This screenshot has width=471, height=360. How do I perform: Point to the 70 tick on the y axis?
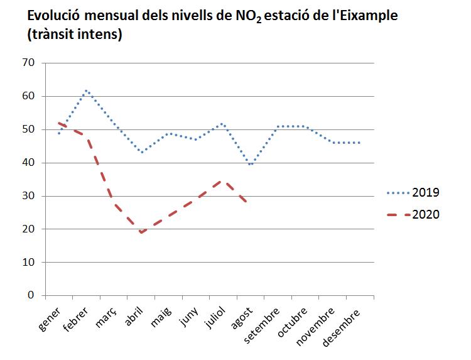tap(27, 63)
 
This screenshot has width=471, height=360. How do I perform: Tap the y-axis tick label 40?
tap(27, 163)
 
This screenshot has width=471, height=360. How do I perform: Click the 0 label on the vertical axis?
tap(30, 295)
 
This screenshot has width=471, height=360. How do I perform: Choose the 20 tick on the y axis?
tap(27, 229)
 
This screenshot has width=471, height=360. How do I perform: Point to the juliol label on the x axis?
tap(219, 317)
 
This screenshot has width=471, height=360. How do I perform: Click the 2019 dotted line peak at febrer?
tap(87, 90)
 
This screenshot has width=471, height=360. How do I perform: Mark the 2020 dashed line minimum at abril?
tap(142, 232)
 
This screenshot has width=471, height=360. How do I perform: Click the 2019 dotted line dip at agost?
tap(251, 165)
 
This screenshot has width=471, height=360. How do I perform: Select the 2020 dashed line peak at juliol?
tap(219, 181)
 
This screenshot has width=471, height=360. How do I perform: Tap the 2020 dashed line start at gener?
tap(58, 123)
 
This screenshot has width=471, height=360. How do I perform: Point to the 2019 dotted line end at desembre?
tap(360, 143)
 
